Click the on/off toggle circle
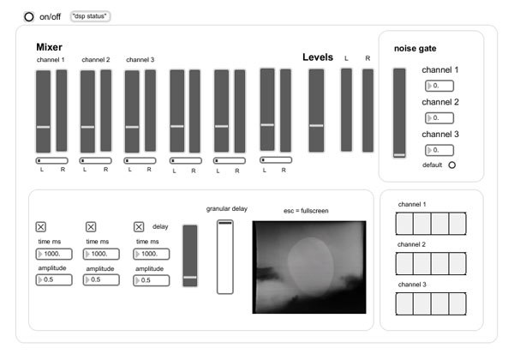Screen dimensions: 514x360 [x=29, y=17]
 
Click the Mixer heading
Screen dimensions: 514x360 [x=49, y=47]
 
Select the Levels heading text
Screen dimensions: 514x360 [x=318, y=57]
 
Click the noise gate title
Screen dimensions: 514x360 [x=415, y=49]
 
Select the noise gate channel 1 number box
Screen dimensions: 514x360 [x=439, y=86]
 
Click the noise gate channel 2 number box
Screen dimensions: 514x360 [x=439, y=118]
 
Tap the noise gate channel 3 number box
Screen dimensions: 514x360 [x=439, y=150]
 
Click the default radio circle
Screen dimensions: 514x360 [x=452, y=165]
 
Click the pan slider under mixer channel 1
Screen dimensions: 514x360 [x=51, y=160]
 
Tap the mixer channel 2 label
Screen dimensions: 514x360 [x=96, y=60]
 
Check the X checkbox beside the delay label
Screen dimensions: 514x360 [x=139, y=226]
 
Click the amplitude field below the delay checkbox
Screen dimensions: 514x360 [x=152, y=280]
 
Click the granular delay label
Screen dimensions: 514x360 [x=226, y=209]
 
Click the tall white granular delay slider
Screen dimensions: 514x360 [x=224, y=257]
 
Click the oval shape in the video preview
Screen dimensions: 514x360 [x=310, y=266]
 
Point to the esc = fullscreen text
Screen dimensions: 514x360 [x=306, y=211]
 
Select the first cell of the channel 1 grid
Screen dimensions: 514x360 [x=404, y=224]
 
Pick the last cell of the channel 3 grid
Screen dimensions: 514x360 [x=457, y=304]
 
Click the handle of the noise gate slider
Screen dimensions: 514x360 [x=399, y=155]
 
